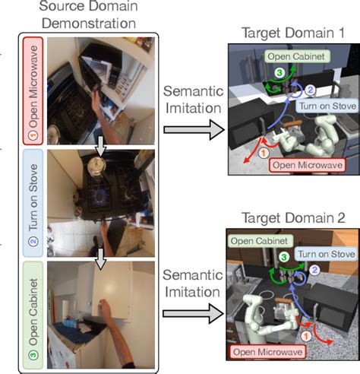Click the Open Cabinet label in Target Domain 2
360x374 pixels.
click(260, 239)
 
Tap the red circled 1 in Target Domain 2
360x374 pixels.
click(305, 333)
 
